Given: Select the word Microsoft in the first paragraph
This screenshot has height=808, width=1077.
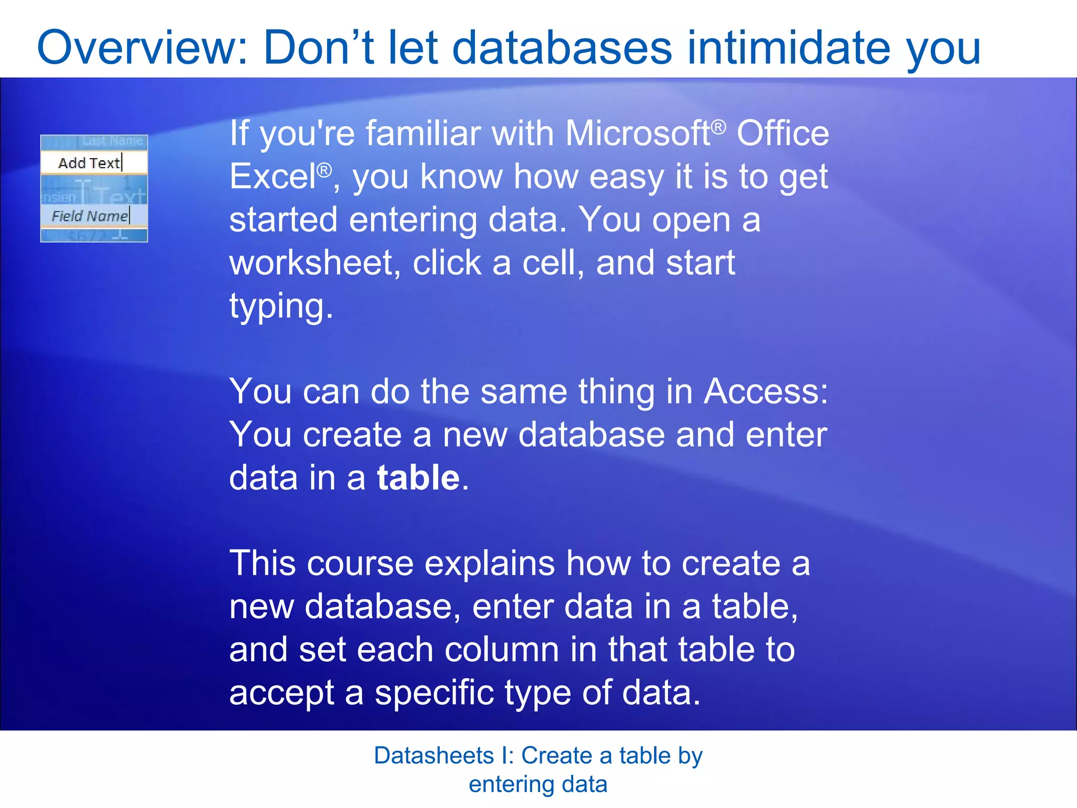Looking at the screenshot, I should pos(637,134).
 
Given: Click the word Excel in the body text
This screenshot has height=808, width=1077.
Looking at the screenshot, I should pos(272,177).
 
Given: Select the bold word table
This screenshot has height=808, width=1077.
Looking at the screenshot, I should pos(418,478).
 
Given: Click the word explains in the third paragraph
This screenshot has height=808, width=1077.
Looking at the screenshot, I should pos(489,564).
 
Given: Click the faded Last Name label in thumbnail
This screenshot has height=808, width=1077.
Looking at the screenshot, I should pos(113,141).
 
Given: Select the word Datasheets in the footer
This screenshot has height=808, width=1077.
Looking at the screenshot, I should pos(434,756).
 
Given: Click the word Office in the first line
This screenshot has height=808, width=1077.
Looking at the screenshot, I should pos(783,134).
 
